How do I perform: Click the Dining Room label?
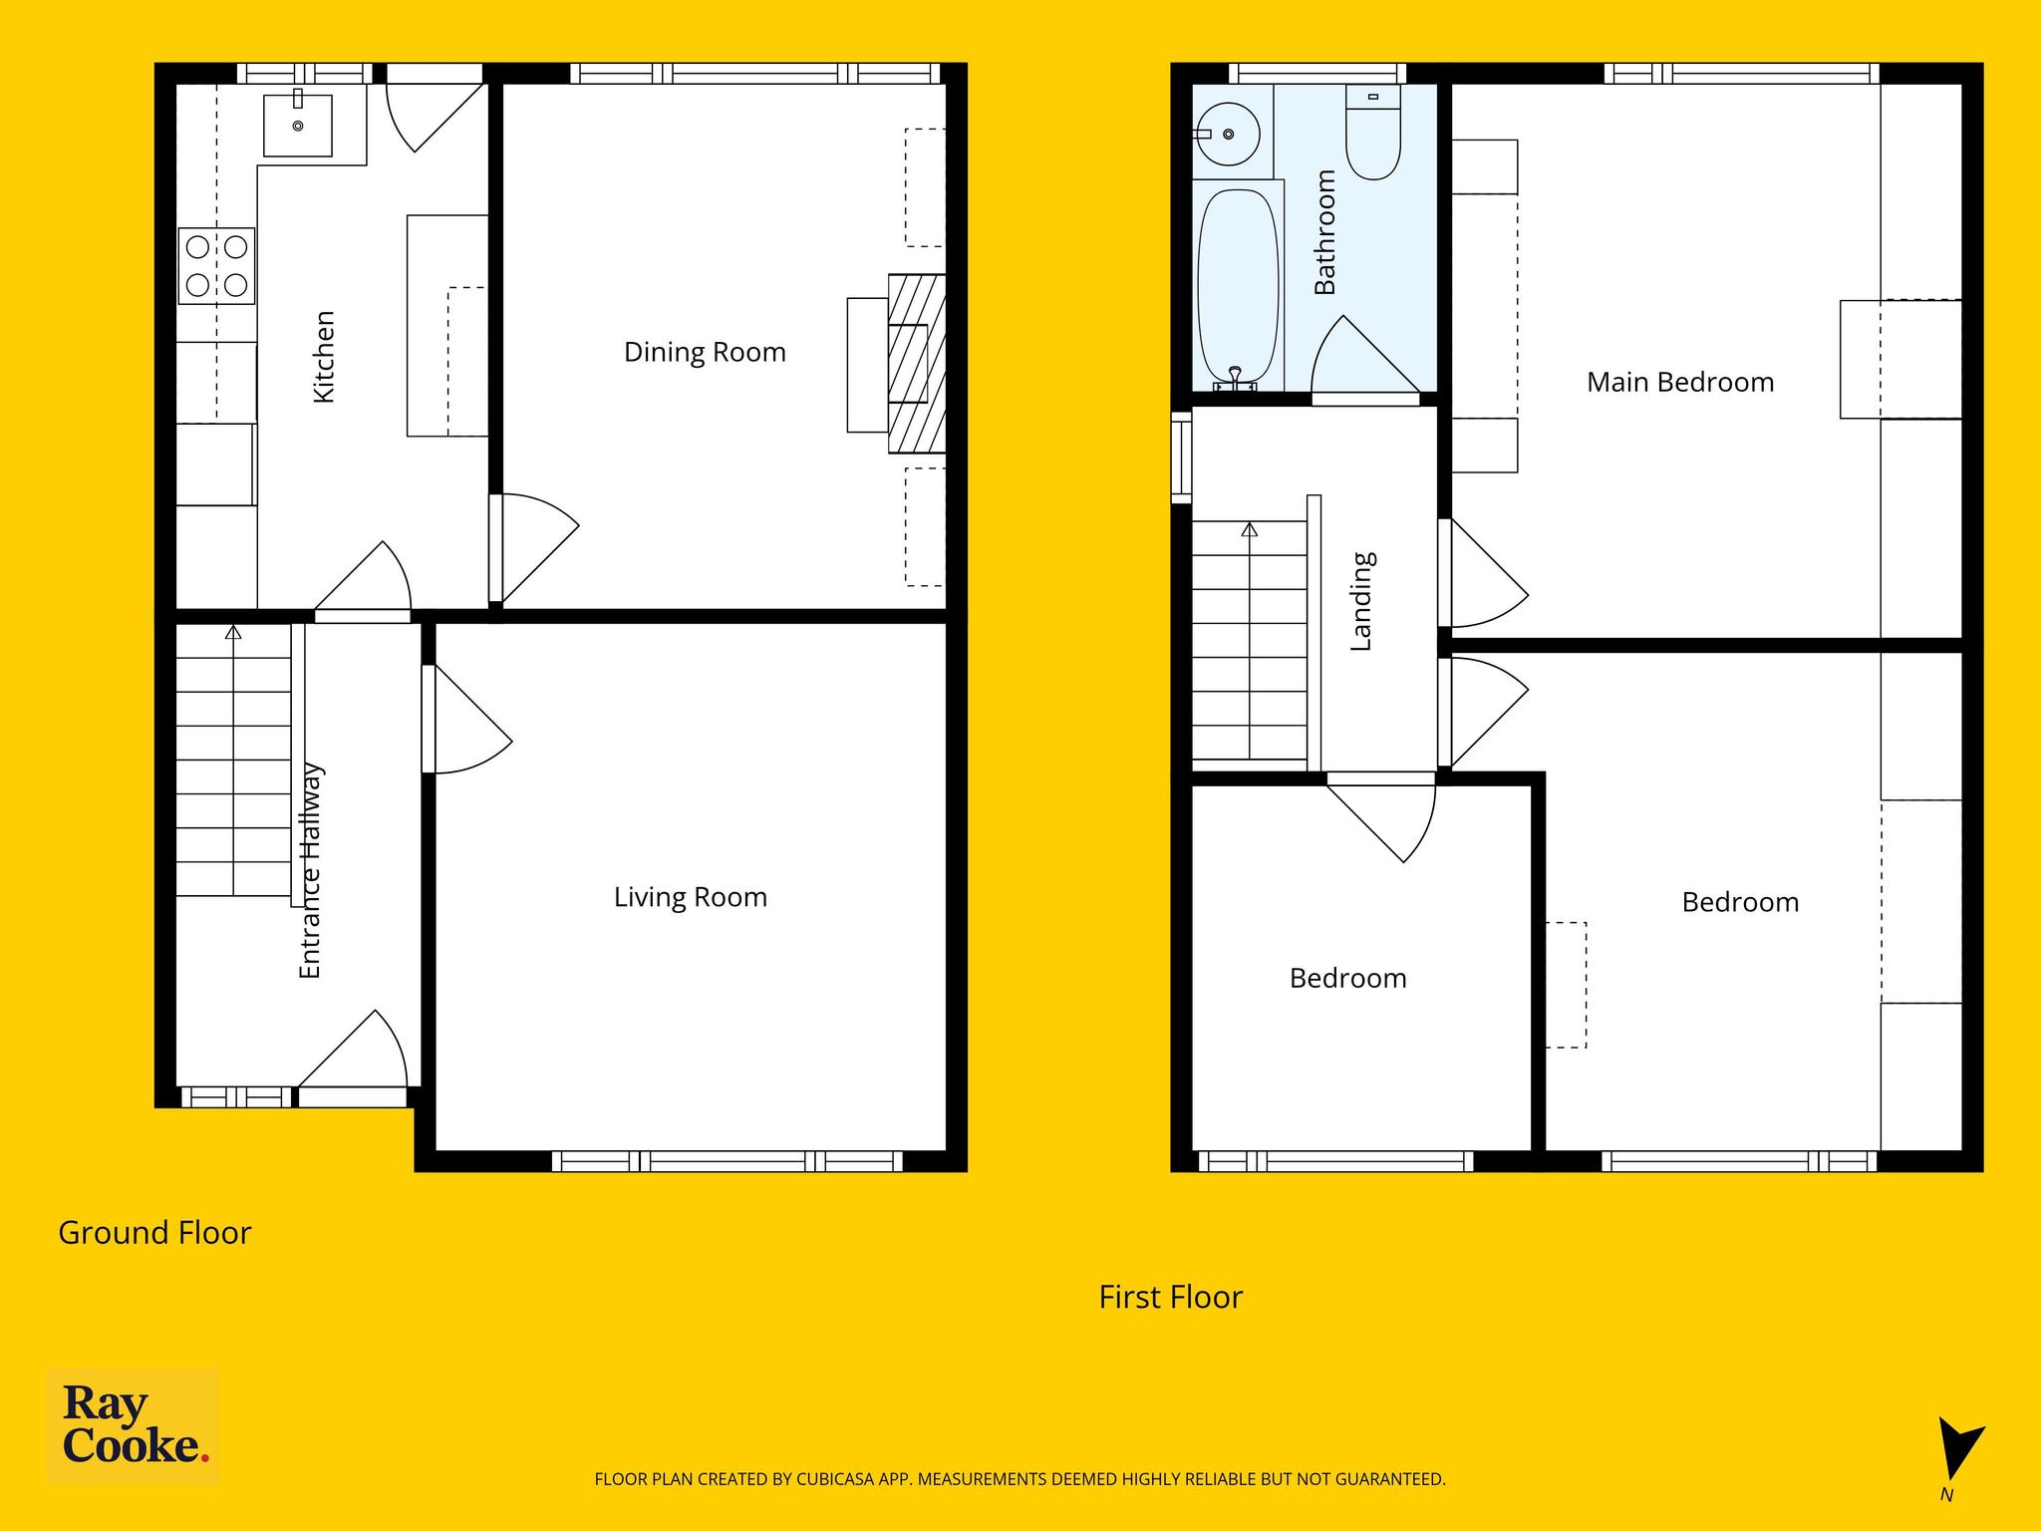coord(705,353)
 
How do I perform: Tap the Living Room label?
coord(691,898)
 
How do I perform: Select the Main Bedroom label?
coord(1680,383)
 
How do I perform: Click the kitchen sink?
coord(298,126)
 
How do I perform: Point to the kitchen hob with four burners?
coord(216,266)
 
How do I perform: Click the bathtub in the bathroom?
coord(1238,286)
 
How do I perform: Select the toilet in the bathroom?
coord(1373,132)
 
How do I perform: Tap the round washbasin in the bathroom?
coord(1229,134)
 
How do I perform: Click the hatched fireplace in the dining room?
coord(916,364)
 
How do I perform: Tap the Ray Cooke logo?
coord(134,1426)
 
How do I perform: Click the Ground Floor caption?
coord(154,1233)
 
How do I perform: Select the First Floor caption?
coord(1171,1297)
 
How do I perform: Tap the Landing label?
coord(1361,602)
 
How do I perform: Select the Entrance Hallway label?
coord(311,870)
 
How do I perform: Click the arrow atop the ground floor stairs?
coord(233,632)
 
